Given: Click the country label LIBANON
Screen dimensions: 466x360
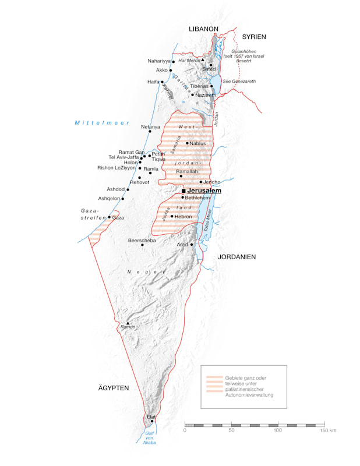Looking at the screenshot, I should (203, 29).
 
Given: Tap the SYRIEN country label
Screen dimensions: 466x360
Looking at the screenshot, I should (254, 37).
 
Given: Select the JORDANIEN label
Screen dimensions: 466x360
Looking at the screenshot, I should (237, 257).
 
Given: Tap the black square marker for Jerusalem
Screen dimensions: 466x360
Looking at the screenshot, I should (183, 191).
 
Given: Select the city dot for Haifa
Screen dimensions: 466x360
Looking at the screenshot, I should (162, 82).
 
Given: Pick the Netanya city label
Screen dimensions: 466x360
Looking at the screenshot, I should (150, 126).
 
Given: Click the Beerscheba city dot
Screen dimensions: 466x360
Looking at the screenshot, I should (142, 245).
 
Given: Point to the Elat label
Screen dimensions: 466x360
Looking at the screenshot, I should (151, 416).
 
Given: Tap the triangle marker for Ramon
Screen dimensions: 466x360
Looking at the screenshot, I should (128, 322).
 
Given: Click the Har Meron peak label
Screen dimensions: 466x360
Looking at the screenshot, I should (189, 60).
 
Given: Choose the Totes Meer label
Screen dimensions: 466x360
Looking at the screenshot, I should (208, 222).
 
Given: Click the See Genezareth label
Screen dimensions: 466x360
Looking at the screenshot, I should (239, 82).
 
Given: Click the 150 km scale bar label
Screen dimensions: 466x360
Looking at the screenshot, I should (329, 430).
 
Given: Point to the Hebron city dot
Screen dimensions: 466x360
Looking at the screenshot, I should (171, 217).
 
